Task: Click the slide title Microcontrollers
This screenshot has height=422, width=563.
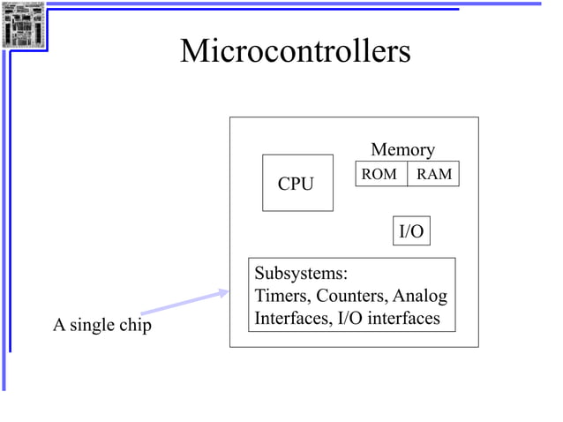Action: coord(295,51)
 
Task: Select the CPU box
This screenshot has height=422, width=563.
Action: coord(297,183)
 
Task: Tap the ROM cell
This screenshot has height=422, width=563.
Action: coord(379,174)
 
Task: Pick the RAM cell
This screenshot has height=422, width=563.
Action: coord(433,174)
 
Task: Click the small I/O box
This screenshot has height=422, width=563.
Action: coord(411,232)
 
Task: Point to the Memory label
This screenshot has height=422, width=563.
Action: coord(402,150)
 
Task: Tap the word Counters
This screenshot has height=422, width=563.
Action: coord(353,296)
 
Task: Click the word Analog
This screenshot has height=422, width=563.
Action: coord(420,296)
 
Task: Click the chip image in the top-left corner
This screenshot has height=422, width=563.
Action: coord(23,25)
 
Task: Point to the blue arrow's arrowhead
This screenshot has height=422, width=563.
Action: coord(223,294)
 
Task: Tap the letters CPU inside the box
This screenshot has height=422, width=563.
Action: coord(296,185)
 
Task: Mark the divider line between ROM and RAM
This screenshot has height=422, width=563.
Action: coord(407,174)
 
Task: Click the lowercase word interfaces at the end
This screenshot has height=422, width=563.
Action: coord(404,318)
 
